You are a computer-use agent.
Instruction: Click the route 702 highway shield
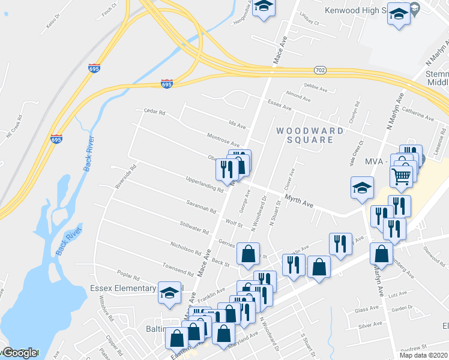click(x=320, y=70)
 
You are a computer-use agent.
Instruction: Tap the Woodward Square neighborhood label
click(x=310, y=135)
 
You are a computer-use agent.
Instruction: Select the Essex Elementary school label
click(x=122, y=288)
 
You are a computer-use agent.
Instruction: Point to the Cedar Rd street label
click(x=154, y=112)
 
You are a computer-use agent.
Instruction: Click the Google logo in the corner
click(x=19, y=352)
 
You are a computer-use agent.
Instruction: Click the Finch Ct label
click(x=109, y=12)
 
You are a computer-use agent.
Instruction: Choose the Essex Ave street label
click(x=279, y=105)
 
